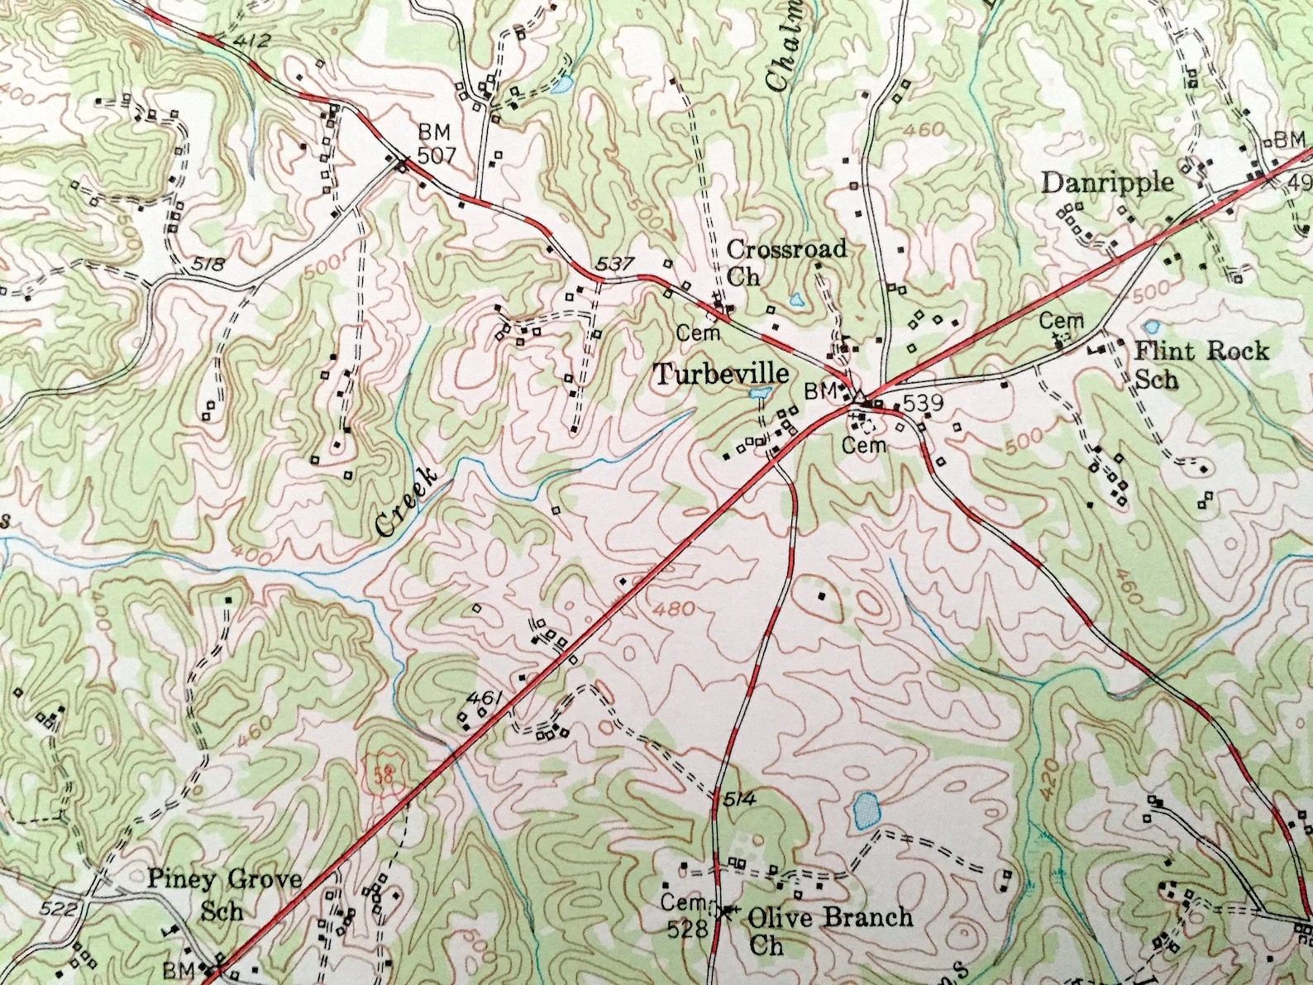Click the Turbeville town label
pos(720,375)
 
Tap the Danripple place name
pos(1107,182)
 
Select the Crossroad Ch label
pos(785,261)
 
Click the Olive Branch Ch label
pos(829,929)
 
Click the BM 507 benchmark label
pos(435,145)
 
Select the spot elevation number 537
pos(614,265)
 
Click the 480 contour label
pos(672,609)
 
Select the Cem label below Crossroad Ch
pos(699,332)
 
